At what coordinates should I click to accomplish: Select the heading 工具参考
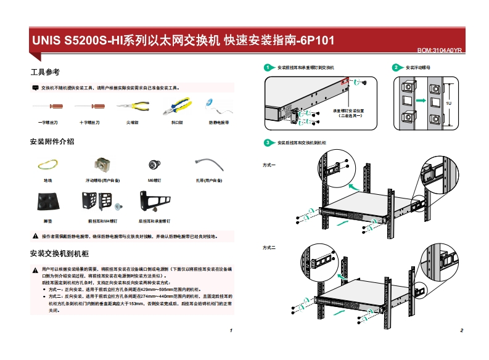[x=45, y=73]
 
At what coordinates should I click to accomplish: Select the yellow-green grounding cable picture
[x=48, y=165]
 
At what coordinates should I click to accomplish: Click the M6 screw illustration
[x=154, y=165]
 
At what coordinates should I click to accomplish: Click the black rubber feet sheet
[x=49, y=202]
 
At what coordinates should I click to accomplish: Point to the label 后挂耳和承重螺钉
[x=154, y=220]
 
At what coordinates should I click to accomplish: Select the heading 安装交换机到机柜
[x=60, y=253]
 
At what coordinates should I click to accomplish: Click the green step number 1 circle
[x=268, y=67]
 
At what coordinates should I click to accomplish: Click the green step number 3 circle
[x=268, y=143]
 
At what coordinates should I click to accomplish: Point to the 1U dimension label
[x=448, y=104]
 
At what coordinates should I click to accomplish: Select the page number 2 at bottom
[x=461, y=331]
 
